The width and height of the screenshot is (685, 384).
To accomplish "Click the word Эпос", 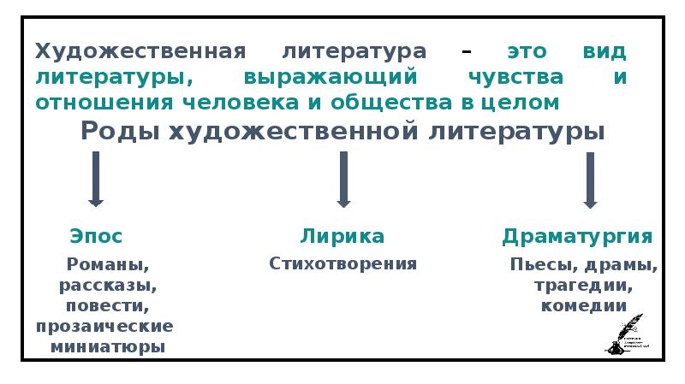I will (x=95, y=236).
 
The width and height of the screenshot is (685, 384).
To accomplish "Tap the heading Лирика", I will (x=342, y=236).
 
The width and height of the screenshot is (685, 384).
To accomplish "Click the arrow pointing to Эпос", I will (x=96, y=179).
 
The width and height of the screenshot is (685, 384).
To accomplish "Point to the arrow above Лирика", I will (x=343, y=179).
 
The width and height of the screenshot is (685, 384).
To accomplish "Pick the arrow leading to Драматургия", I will (x=590, y=179).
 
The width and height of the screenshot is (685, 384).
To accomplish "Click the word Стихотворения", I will (x=342, y=263).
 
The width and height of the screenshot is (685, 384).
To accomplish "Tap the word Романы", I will (x=107, y=264).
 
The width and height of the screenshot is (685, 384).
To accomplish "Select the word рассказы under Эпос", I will (x=107, y=285).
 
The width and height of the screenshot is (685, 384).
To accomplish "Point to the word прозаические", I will (x=104, y=327).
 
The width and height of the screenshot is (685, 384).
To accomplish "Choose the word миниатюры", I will (x=107, y=347).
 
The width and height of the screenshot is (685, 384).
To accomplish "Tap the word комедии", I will (x=584, y=305).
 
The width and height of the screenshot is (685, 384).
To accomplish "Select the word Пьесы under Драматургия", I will (x=535, y=264).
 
